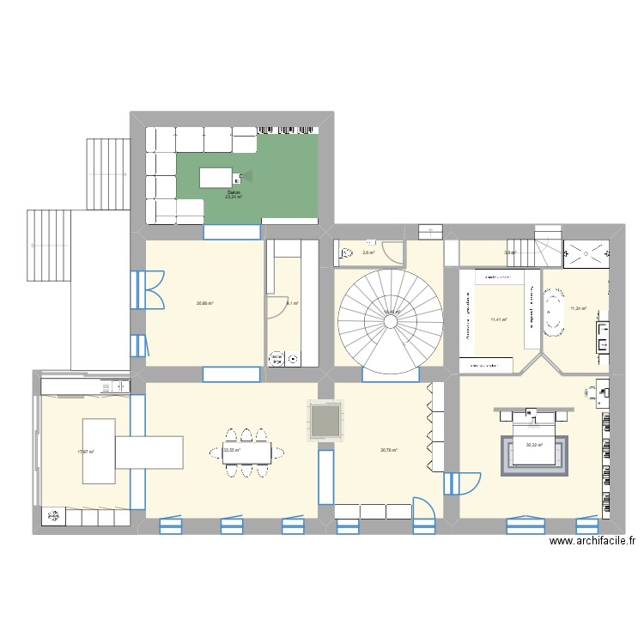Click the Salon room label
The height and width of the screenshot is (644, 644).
click(x=234, y=193)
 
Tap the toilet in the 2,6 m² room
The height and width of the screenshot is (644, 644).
click(x=347, y=253)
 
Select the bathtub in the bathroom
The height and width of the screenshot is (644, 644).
click(x=553, y=313)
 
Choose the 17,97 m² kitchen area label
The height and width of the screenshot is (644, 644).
click(x=85, y=452)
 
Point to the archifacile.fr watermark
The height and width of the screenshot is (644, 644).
click(x=593, y=541)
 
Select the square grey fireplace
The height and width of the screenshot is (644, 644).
click(x=325, y=421)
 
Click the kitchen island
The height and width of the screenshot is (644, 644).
click(x=99, y=443)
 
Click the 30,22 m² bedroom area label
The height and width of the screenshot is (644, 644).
click(x=534, y=445)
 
